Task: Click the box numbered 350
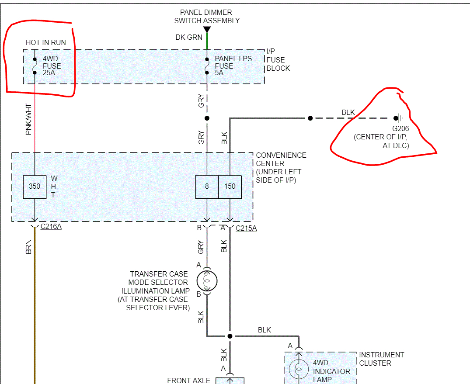pyautogui.click(x=35, y=187)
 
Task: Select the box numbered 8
pyautogui.click(x=207, y=187)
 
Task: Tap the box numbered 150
pyautogui.click(x=230, y=187)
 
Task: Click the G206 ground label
pyautogui.click(x=400, y=129)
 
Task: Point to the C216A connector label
pyautogui.click(x=51, y=227)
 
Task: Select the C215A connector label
pyautogui.click(x=246, y=228)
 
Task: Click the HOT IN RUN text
pyautogui.click(x=46, y=42)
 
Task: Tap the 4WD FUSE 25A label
pyautogui.click(x=52, y=66)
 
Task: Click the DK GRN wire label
pyautogui.click(x=189, y=38)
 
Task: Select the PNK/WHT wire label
pyautogui.click(x=29, y=119)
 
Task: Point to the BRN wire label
pyautogui.click(x=29, y=247)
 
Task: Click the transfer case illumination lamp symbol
pyautogui.click(x=207, y=281)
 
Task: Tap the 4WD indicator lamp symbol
pyautogui.click(x=299, y=369)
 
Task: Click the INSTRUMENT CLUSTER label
pyautogui.click(x=381, y=359)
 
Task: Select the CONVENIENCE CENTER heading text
pyautogui.click(x=281, y=159)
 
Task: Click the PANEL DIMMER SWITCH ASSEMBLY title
pyautogui.click(x=207, y=16)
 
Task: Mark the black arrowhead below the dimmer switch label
pyautogui.click(x=207, y=30)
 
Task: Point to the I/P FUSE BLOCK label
pyautogui.click(x=278, y=60)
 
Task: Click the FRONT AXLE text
pyautogui.click(x=188, y=381)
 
